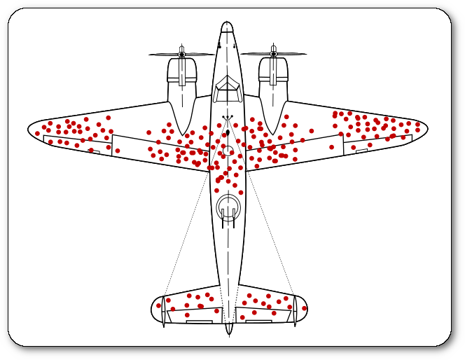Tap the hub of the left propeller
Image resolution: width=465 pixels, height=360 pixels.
coord(181,54)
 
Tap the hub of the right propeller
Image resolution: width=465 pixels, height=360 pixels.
coord(273,54)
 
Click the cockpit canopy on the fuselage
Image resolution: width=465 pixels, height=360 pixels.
coord(228,89)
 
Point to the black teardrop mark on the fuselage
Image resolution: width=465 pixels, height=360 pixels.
coord(228,132)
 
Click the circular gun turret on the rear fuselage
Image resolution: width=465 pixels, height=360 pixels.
coord(228,207)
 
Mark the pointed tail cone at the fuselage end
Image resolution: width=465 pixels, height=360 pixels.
coord(229,331)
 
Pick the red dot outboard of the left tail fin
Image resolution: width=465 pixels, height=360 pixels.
coord(158,305)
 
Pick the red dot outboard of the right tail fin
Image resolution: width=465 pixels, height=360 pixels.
coord(304,308)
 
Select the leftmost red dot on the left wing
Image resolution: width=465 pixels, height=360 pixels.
coord(37,133)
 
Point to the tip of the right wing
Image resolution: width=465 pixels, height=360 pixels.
coord(426,128)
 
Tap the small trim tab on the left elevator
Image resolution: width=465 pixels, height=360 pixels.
coord(199,321)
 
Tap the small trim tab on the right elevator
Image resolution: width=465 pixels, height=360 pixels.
coord(258,321)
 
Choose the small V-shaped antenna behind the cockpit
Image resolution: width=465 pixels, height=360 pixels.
coord(228,118)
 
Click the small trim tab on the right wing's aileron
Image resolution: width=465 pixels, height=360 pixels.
coord(361,151)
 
